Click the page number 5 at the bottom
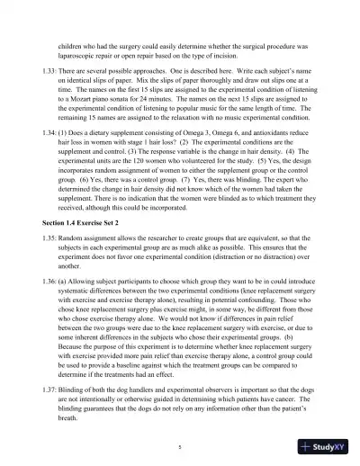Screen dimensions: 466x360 pos(180,443)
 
